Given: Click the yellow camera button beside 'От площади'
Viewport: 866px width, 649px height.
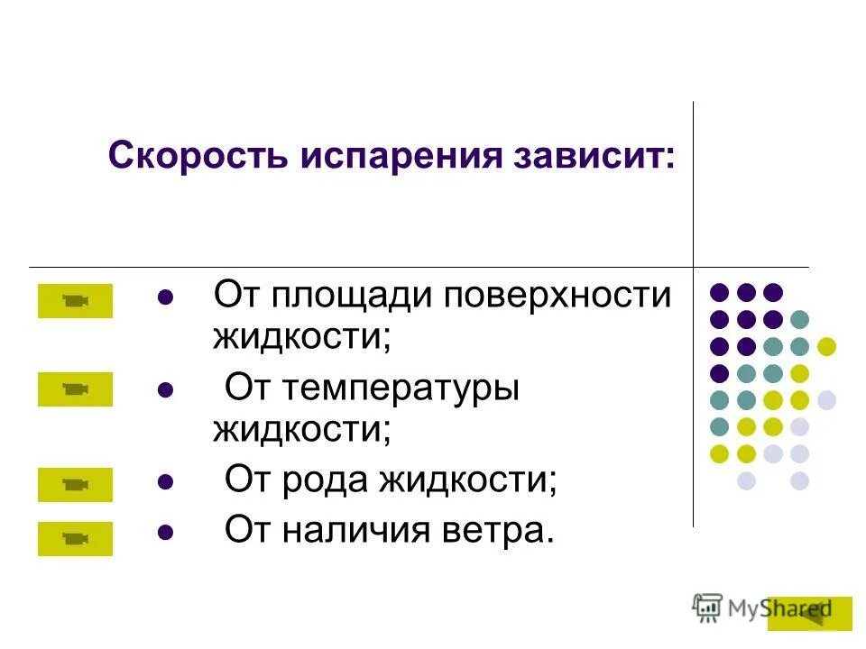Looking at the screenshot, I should tap(75, 301).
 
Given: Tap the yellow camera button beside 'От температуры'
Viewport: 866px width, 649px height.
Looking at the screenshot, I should tap(75, 389).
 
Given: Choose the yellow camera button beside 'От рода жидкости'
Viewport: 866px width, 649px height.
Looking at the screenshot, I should tap(75, 485).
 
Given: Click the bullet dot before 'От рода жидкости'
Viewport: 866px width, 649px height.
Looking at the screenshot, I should tap(164, 482).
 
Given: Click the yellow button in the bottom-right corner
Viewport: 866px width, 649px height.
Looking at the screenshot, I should tap(809, 613).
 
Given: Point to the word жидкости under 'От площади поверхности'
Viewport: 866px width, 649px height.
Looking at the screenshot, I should tap(301, 336).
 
